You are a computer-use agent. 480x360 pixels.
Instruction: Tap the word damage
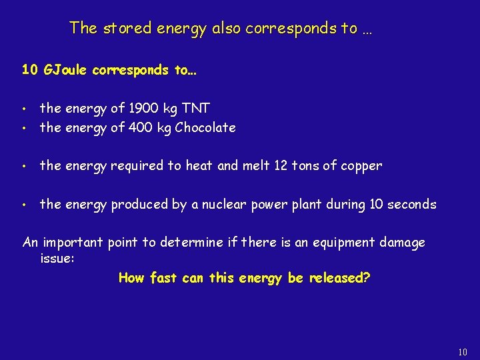coord(399,243)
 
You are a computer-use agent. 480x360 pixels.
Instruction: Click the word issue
coord(57,259)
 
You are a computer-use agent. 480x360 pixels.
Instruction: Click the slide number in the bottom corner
coord(463,352)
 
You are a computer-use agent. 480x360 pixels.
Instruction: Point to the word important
coord(75,243)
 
